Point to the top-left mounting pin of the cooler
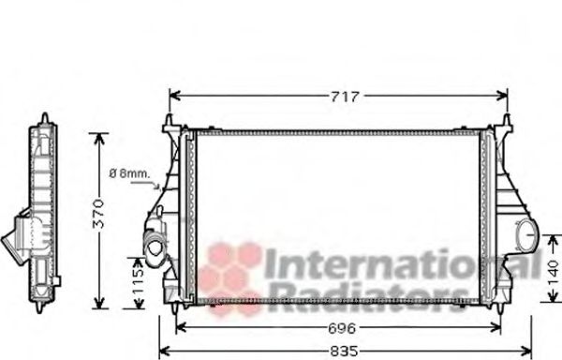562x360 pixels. (x=170, y=123)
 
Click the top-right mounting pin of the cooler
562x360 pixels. (x=507, y=123)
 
